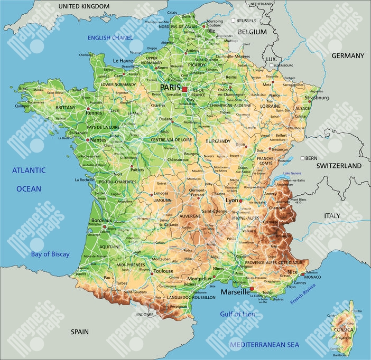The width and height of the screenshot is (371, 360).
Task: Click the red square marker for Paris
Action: (184, 90)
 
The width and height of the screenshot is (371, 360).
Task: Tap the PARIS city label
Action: (170, 87)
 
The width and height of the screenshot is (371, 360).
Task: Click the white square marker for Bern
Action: (302, 158)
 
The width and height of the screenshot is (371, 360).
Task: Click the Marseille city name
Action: (235, 292)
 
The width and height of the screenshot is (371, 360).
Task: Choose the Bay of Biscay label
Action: (50, 254)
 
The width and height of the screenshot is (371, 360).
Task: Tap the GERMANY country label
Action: (348, 55)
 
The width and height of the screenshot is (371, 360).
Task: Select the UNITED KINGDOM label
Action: (84, 6)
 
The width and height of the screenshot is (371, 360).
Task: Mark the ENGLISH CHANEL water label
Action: (111, 38)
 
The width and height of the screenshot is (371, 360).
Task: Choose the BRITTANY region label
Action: (66, 107)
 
